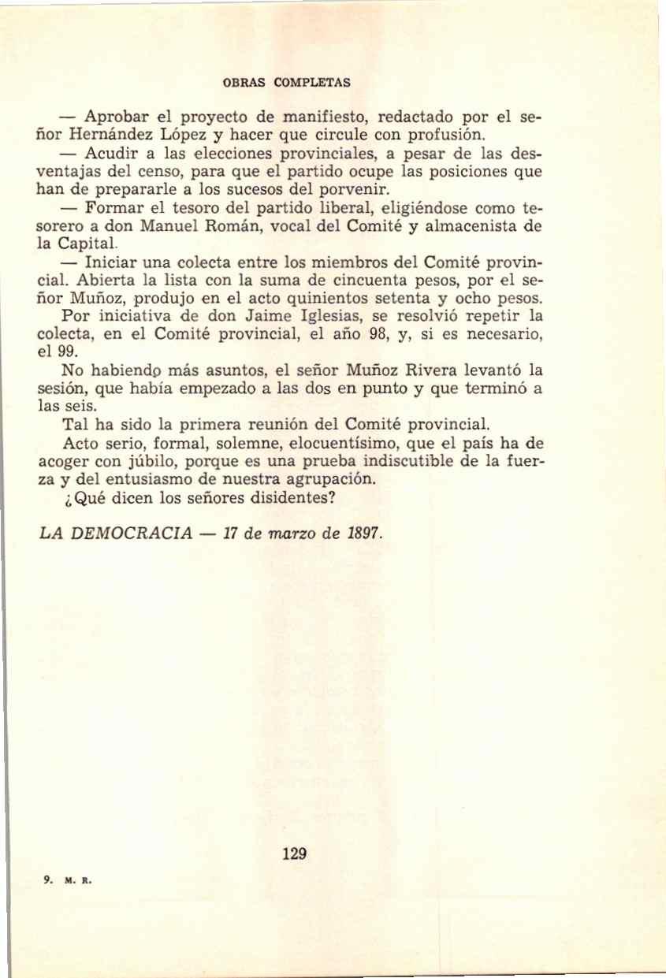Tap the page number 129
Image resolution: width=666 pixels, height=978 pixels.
[293, 853]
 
